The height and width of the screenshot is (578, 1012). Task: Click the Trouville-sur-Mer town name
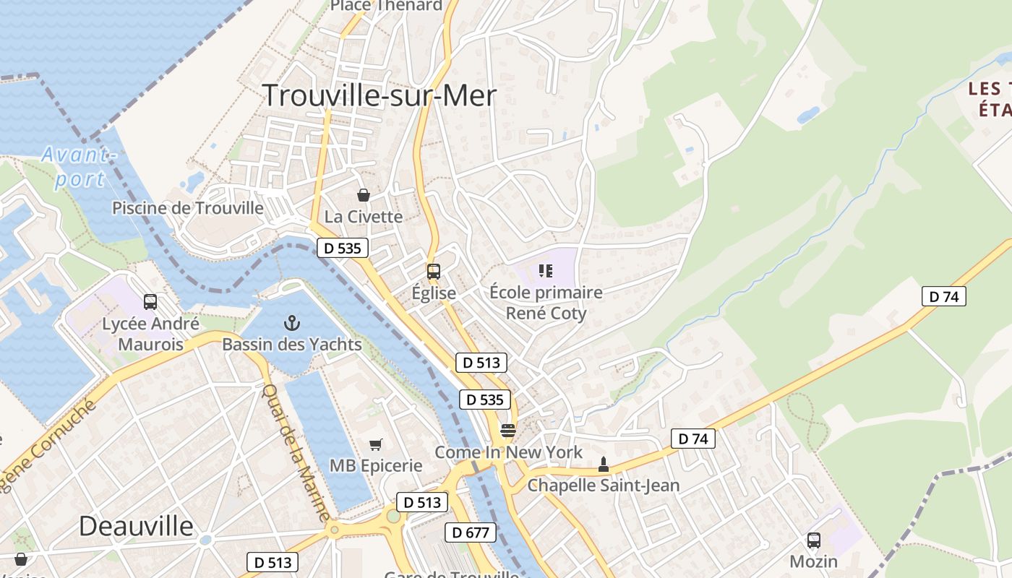coord(379,96)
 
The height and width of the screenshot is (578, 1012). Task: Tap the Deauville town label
coord(136,525)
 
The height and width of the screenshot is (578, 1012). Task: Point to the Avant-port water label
coord(79,166)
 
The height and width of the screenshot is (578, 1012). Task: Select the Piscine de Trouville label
coord(188,208)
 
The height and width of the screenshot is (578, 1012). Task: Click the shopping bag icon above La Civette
coord(363,195)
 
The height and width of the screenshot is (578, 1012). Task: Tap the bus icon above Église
coord(434,272)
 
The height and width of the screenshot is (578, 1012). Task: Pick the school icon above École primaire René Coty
coord(546,271)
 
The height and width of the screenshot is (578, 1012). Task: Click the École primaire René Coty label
coord(546,303)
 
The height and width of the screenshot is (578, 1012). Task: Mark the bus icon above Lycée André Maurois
coord(150,302)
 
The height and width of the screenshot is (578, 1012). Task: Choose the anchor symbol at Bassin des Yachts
coord(292,323)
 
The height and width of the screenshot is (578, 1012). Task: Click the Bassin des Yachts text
coord(292,345)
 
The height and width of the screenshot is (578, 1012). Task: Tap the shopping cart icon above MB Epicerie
coord(375,444)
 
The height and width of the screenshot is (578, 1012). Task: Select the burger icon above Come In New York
coord(508,431)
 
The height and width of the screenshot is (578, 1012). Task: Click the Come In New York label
coord(508,452)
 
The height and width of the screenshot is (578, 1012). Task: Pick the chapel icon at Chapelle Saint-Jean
coord(604,465)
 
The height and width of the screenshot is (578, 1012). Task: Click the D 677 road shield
coord(471,533)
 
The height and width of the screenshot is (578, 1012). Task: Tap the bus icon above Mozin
coord(814,540)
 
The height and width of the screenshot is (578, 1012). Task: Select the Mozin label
coord(814,561)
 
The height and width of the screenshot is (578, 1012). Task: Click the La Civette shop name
coord(363,217)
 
